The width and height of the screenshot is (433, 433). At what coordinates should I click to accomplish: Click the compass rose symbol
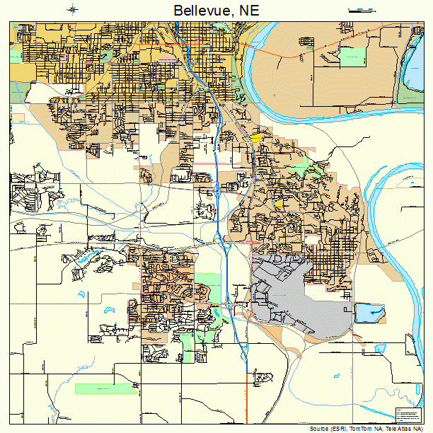[74, 9]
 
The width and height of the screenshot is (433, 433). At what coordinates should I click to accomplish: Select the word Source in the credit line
[319, 429]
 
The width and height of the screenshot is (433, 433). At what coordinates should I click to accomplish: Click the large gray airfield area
[297, 297]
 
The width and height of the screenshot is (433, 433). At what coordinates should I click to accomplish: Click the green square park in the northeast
[352, 57]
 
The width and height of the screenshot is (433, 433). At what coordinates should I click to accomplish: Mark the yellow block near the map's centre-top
[255, 137]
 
